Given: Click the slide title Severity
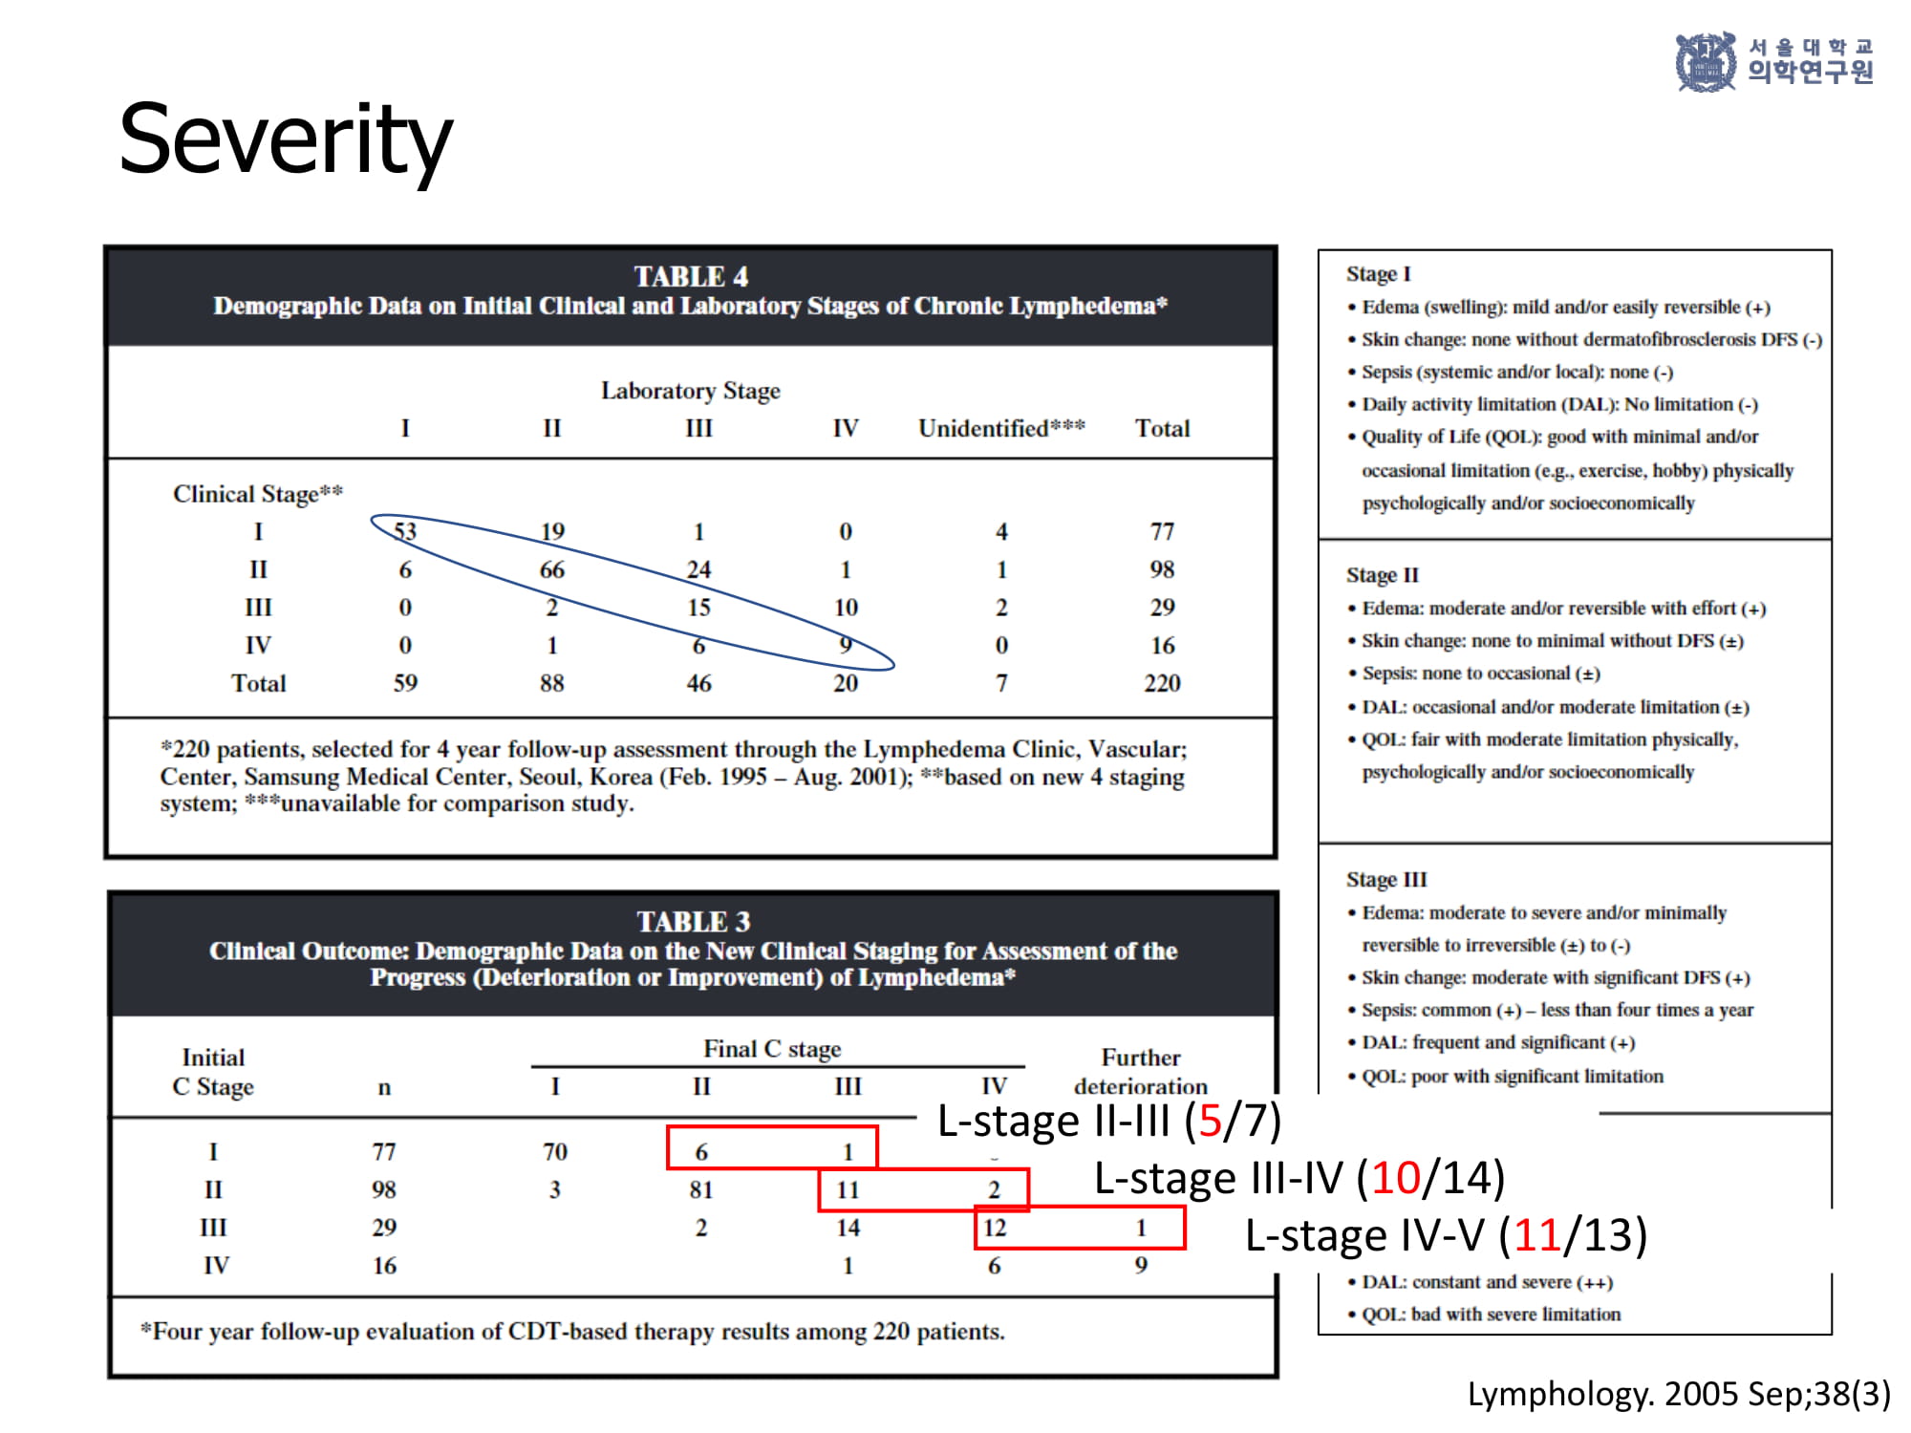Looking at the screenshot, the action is (285, 141).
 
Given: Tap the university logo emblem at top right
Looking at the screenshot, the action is (1706, 62).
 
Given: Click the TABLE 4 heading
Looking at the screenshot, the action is (691, 276).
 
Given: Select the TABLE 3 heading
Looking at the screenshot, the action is (693, 921).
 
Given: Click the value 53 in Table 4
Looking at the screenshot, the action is (405, 531).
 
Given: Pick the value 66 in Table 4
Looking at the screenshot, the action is (552, 569).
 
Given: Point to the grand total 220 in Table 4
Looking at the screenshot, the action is (1162, 683).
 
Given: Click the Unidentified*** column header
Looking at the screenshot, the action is (1001, 428).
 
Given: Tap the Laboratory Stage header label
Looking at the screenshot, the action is (691, 391).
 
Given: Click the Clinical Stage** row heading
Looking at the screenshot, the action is (258, 494).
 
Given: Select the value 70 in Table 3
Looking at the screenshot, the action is (555, 1152).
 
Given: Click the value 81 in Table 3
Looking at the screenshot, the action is (701, 1189).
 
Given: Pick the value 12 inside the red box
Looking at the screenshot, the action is (995, 1228).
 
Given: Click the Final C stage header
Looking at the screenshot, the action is (772, 1049).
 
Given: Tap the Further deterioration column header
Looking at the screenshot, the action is (1141, 1072).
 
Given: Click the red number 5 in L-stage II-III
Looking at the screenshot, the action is (1210, 1121).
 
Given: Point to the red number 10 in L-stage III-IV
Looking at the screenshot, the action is (1396, 1178).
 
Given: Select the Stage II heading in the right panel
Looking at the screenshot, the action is (1383, 575).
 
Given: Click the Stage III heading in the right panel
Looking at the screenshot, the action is (1386, 880).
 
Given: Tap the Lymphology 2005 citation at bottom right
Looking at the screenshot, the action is (1679, 1394).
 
